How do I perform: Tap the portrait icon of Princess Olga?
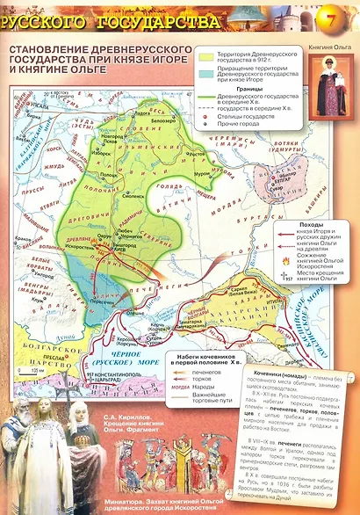tap(333, 90)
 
